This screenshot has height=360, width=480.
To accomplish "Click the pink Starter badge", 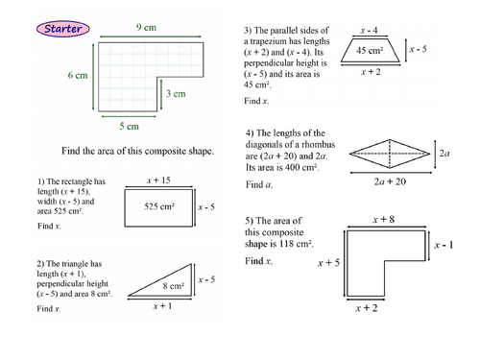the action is [x=63, y=29].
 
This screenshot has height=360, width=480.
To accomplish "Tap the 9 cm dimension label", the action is [x=146, y=28].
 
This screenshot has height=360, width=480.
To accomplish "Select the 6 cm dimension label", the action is [x=78, y=75].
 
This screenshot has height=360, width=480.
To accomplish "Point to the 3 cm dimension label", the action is [x=176, y=93].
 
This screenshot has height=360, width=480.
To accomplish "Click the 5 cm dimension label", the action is [x=130, y=126].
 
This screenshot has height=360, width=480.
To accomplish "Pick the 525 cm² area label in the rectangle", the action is [x=159, y=206].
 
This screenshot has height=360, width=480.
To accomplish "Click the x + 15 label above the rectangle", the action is [x=158, y=180].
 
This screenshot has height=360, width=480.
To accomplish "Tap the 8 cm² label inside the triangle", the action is [x=174, y=285].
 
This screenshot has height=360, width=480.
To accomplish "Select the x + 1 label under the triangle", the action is [x=162, y=306].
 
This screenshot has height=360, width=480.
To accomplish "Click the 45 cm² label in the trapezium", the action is [x=370, y=50].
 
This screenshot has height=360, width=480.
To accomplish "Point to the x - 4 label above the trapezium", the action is [x=369, y=31].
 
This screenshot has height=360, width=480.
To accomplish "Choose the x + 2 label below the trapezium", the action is [x=371, y=72].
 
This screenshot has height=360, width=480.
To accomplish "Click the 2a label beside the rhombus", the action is [x=444, y=154].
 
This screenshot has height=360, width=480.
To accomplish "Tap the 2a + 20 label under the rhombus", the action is [x=390, y=181].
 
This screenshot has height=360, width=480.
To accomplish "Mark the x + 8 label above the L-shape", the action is [x=384, y=220].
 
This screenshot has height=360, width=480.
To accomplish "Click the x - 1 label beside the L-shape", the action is [x=444, y=245].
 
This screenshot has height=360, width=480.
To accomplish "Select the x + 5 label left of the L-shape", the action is [x=328, y=263].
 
